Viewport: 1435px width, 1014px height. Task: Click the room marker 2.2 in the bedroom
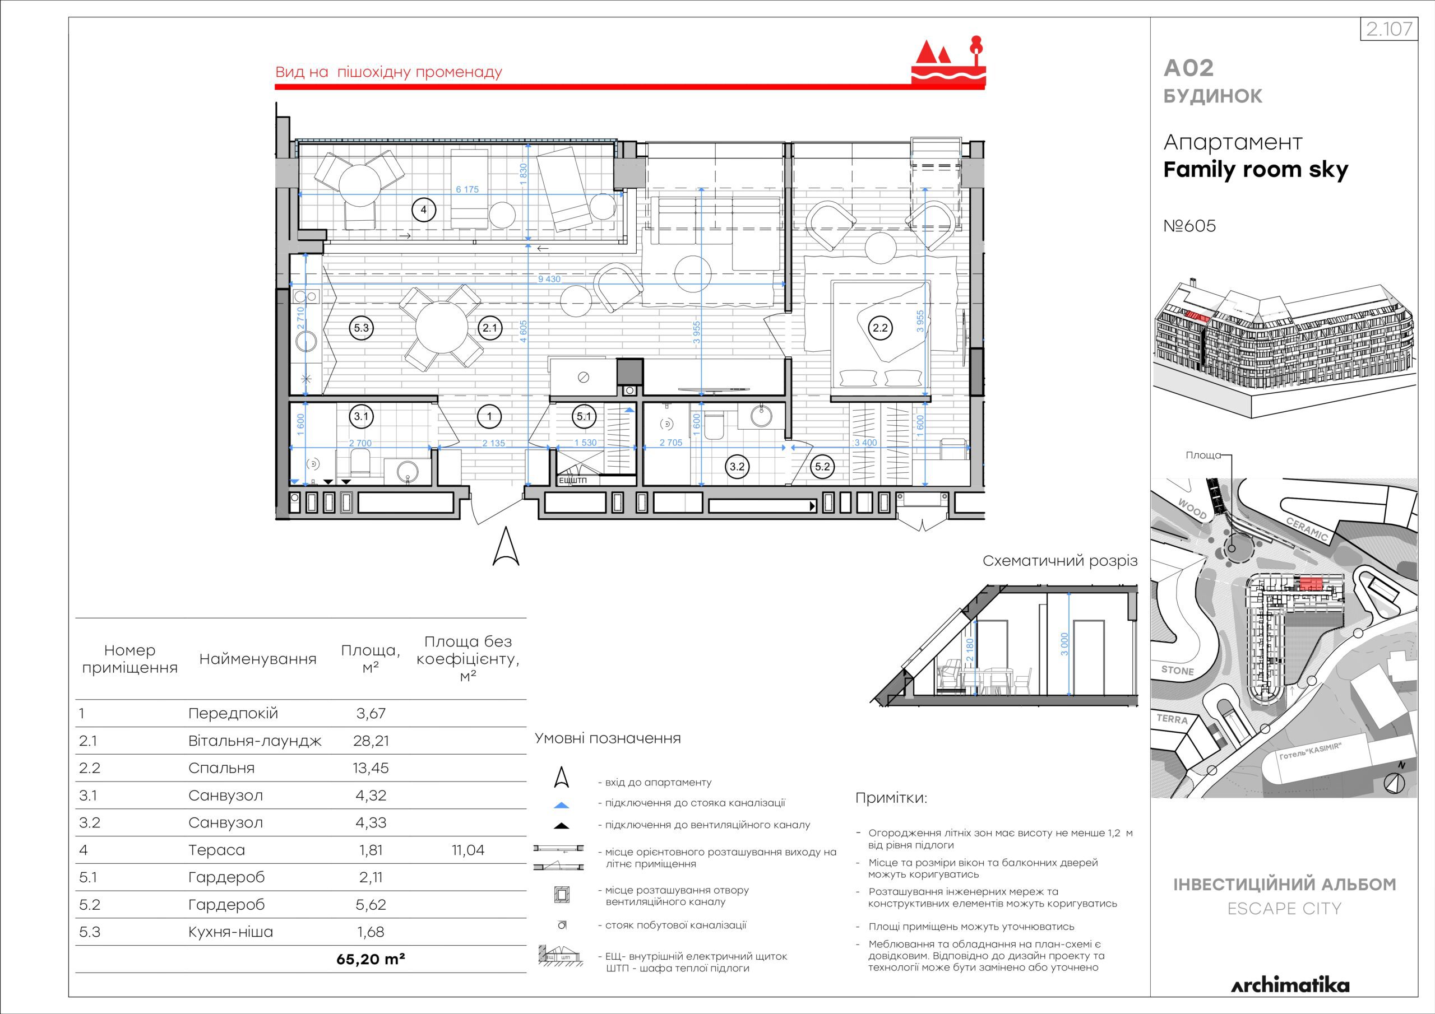tap(880, 328)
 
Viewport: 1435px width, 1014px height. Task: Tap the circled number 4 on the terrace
tap(423, 210)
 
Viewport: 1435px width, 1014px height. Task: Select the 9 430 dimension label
tap(549, 280)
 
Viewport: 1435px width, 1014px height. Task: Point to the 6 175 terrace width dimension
tap(467, 189)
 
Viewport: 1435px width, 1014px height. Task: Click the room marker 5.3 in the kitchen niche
tap(361, 328)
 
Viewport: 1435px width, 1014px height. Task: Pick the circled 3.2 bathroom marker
tap(738, 467)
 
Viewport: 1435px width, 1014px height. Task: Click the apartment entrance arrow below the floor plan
tap(506, 546)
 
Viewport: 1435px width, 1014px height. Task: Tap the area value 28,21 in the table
tap(371, 741)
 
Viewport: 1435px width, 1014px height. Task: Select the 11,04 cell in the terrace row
tap(468, 850)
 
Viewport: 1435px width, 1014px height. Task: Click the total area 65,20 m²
tap(371, 959)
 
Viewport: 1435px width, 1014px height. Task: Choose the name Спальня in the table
tap(221, 769)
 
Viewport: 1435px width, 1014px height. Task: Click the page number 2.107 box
tap(1388, 29)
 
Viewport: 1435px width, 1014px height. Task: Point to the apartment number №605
tap(1189, 226)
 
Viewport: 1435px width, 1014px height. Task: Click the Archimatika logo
tap(1290, 986)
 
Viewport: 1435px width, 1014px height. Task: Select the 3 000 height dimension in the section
tap(1065, 644)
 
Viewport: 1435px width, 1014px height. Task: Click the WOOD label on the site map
tap(1192, 509)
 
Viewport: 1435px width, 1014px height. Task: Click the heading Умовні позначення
tap(608, 738)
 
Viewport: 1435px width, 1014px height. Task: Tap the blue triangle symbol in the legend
tap(561, 806)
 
